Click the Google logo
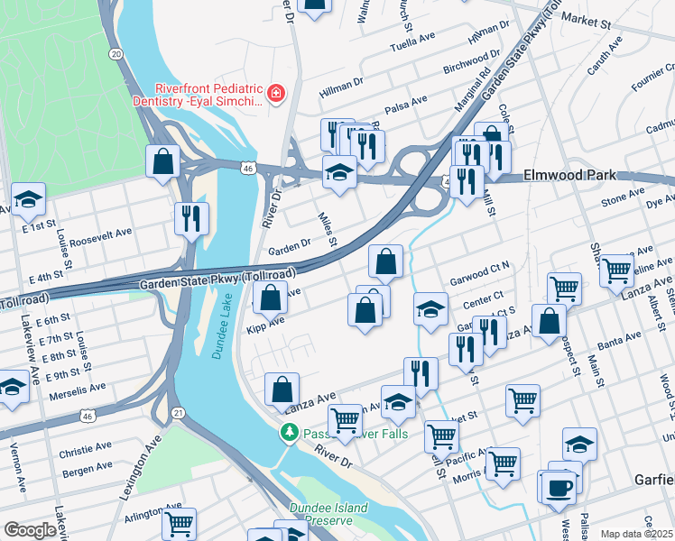(x=30, y=530)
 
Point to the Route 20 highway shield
(x=116, y=55)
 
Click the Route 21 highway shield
(x=179, y=413)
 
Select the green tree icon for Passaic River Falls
(x=290, y=434)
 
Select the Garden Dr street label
(x=289, y=246)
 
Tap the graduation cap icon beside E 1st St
(x=28, y=198)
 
